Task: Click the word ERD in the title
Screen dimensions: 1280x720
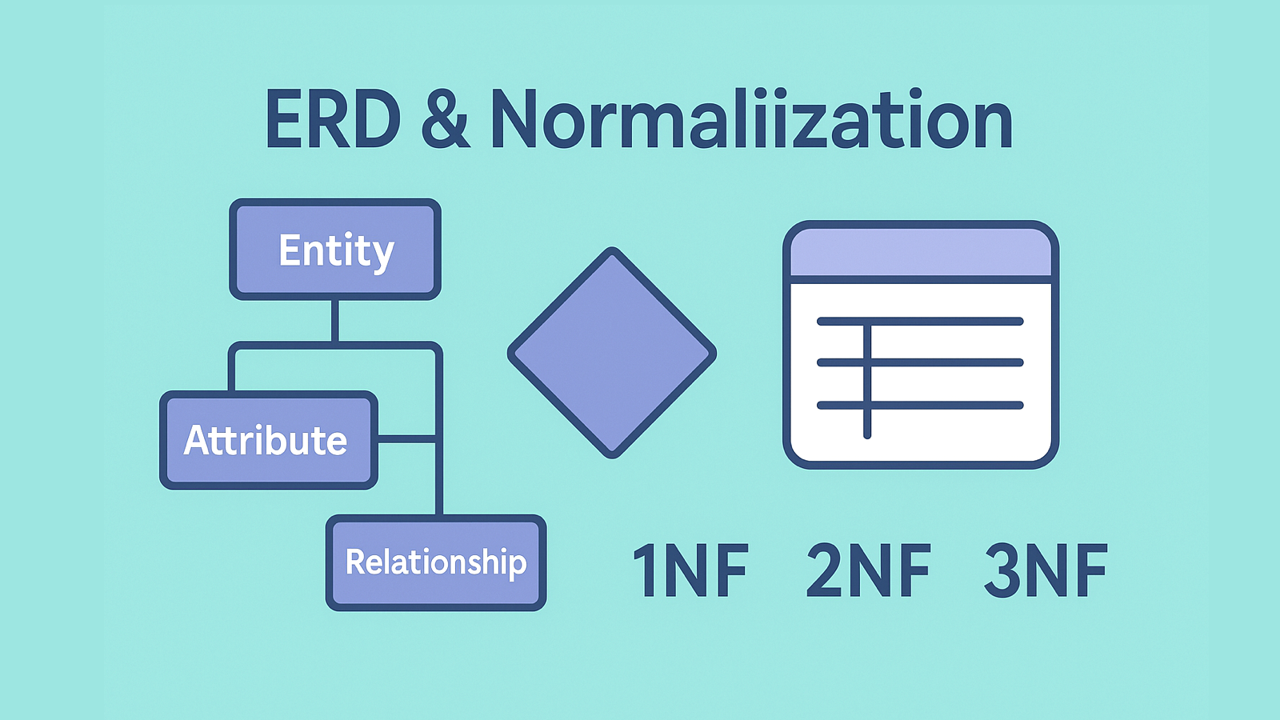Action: point(333,119)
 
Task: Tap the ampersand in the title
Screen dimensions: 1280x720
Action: point(445,119)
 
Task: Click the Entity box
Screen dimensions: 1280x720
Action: point(335,249)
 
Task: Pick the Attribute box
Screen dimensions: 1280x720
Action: point(269,440)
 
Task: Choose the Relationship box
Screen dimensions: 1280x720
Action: point(436,563)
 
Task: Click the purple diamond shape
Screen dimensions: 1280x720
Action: point(612,353)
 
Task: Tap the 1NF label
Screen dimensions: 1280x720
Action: point(691,570)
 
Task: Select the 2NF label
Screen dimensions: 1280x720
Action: point(869,570)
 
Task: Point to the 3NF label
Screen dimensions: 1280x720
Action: point(1046,570)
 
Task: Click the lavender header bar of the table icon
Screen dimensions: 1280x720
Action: point(921,253)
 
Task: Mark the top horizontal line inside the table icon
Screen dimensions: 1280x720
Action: point(920,322)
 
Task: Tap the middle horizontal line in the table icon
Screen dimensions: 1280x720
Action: point(920,363)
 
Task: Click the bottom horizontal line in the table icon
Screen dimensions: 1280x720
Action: point(920,406)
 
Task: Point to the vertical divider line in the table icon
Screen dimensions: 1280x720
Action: point(867,380)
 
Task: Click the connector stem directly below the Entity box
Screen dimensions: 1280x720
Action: point(335,321)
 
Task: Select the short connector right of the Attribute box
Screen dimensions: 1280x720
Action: point(406,439)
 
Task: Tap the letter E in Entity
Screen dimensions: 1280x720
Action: point(288,250)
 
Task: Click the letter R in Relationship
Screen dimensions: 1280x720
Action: point(355,561)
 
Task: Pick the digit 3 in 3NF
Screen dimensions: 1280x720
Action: point(1002,570)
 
